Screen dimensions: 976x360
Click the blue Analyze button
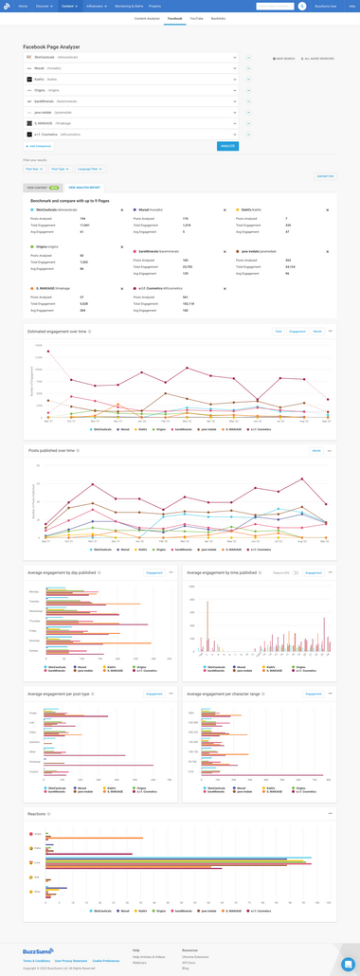[x=227, y=146]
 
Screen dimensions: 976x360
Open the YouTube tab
[x=196, y=18]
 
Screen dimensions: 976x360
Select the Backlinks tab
[x=218, y=18]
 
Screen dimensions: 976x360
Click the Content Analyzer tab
[x=147, y=18]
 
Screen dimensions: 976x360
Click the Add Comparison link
[x=40, y=146]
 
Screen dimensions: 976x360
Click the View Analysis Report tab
[x=84, y=188]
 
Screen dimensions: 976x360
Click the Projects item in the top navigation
[x=154, y=6]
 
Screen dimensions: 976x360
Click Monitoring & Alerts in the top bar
[x=129, y=6]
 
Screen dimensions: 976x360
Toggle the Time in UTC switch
[x=296, y=573]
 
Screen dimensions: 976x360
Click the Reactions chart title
[x=38, y=814]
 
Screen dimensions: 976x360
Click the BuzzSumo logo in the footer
[x=39, y=951]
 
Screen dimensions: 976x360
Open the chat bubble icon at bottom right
[x=348, y=964]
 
